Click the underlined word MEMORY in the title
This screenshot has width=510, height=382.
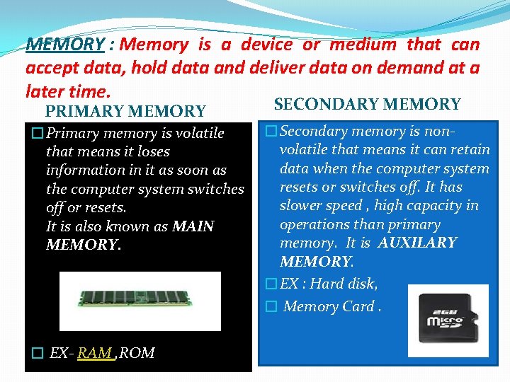pos(65,45)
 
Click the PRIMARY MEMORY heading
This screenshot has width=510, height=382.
pos(125,111)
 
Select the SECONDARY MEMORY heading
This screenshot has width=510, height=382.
pos(367,105)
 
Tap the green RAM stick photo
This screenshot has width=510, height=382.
pos(140,291)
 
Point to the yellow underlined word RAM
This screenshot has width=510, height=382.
pos(96,353)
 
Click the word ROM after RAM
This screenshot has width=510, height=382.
pos(137,353)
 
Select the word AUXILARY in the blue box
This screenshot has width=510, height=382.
pos(417,243)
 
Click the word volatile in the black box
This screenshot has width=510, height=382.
pos(200,133)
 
